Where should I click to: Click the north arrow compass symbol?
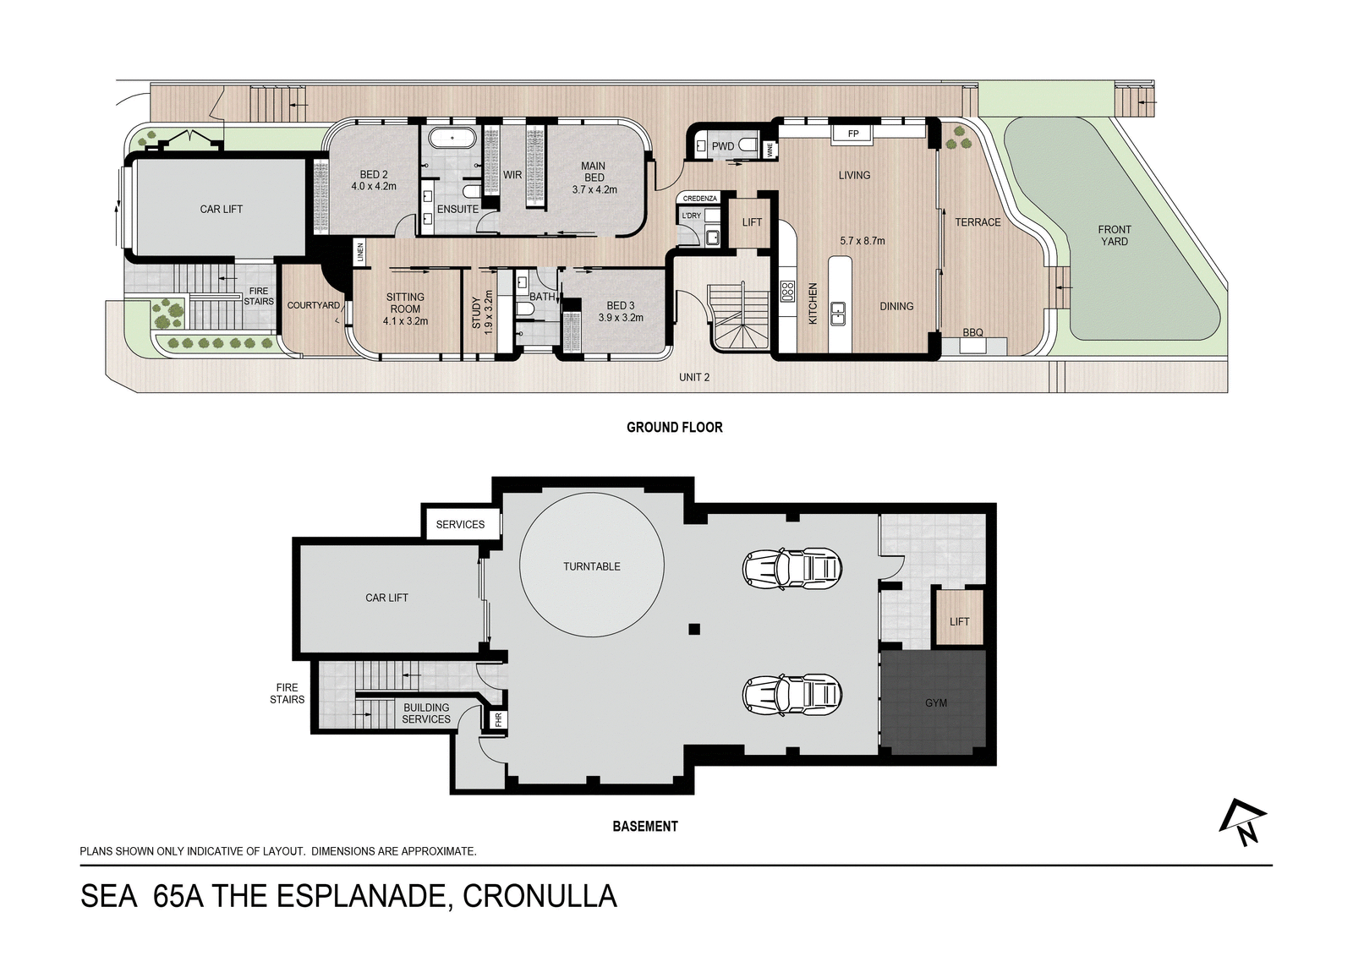click(1244, 822)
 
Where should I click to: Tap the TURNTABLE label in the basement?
click(591, 566)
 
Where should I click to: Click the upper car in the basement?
click(792, 568)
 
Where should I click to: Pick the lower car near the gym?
click(792, 695)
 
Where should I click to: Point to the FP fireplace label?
click(853, 134)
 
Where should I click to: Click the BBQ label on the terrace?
click(972, 333)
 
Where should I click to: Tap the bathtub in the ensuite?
click(452, 139)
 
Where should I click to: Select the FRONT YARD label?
click(1115, 236)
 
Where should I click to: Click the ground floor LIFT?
click(752, 222)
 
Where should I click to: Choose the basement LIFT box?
click(959, 621)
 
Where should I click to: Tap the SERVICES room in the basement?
click(460, 524)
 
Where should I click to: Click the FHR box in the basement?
click(498, 720)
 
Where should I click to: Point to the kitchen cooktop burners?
click(787, 291)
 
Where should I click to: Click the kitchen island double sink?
click(838, 314)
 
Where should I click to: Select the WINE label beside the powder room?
click(770, 149)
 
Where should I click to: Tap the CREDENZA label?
click(700, 199)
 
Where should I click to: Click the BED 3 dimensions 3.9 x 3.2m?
click(621, 318)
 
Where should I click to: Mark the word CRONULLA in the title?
click(540, 896)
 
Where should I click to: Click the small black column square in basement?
click(694, 629)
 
